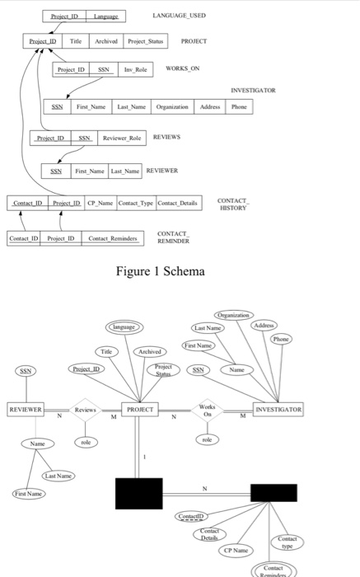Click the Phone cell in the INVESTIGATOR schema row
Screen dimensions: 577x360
click(239, 107)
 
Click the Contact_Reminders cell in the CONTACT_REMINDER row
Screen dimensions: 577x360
click(113, 238)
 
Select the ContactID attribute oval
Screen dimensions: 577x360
click(191, 517)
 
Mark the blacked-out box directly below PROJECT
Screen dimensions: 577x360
click(139, 494)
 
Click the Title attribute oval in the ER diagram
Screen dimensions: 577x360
click(106, 352)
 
